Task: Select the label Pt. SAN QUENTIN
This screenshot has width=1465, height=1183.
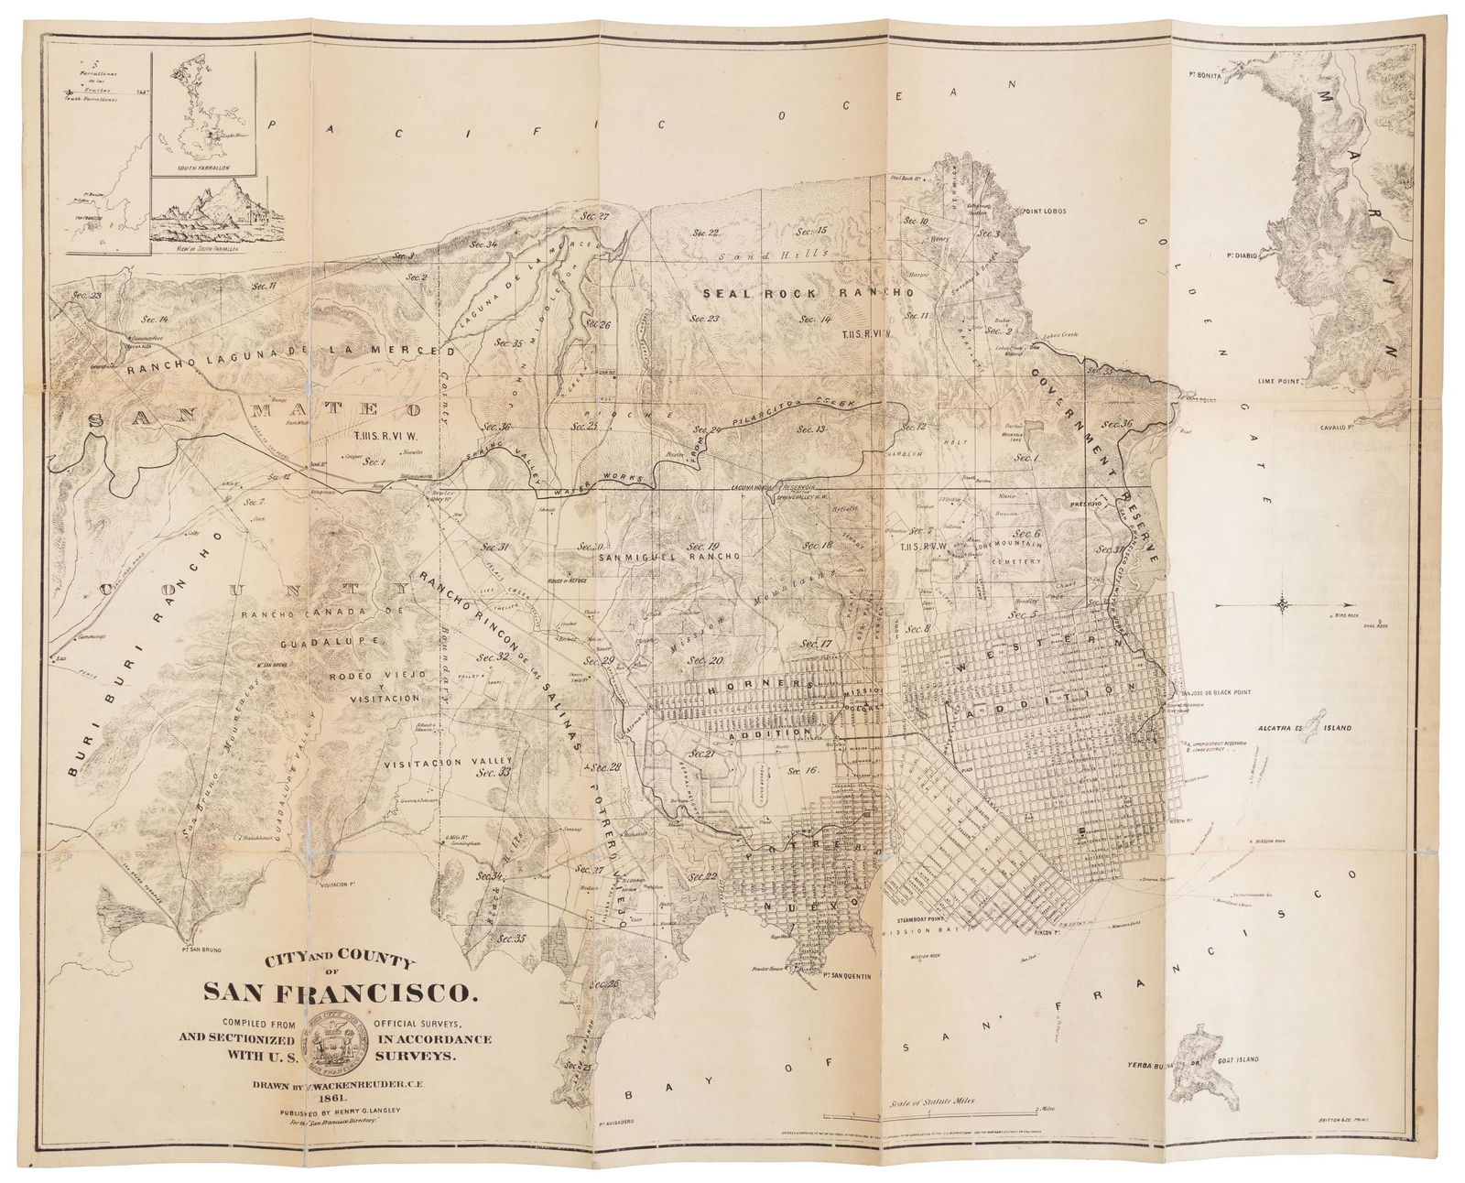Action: coord(819,984)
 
